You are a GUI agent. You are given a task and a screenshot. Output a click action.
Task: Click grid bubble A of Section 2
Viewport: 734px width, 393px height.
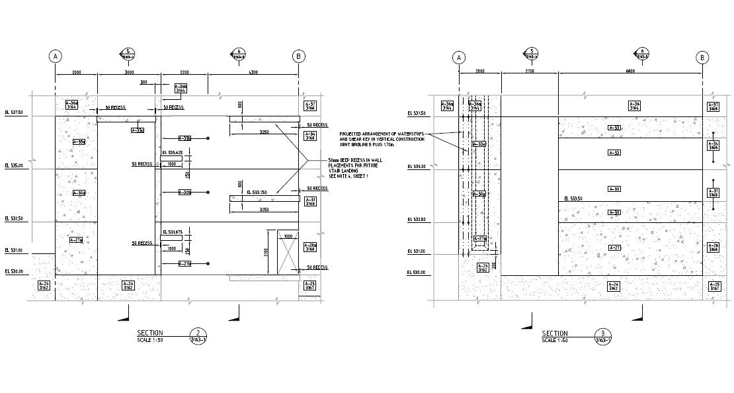[56, 56]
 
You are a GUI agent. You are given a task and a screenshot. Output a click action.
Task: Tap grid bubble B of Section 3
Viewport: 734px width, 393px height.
[702, 58]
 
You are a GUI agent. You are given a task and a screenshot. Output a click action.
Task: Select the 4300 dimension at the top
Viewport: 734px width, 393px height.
[253, 71]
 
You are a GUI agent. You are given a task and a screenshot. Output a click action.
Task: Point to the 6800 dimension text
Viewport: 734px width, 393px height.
[630, 71]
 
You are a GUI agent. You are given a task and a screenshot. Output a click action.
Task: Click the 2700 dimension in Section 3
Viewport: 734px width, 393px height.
[530, 71]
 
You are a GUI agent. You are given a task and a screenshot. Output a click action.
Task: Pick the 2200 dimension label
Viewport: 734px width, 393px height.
[184, 71]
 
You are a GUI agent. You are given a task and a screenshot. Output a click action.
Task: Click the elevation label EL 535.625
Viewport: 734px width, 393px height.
[171, 152]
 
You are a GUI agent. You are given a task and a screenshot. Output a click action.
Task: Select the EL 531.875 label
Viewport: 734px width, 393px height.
[171, 232]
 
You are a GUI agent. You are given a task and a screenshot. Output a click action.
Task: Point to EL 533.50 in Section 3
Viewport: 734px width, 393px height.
[573, 198]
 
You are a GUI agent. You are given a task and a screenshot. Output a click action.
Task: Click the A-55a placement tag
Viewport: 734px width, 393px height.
[79, 142]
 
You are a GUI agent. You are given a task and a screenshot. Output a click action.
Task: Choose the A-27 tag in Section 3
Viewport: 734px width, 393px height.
[614, 248]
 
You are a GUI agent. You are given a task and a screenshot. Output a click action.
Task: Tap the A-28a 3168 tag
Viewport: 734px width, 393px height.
[310, 247]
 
